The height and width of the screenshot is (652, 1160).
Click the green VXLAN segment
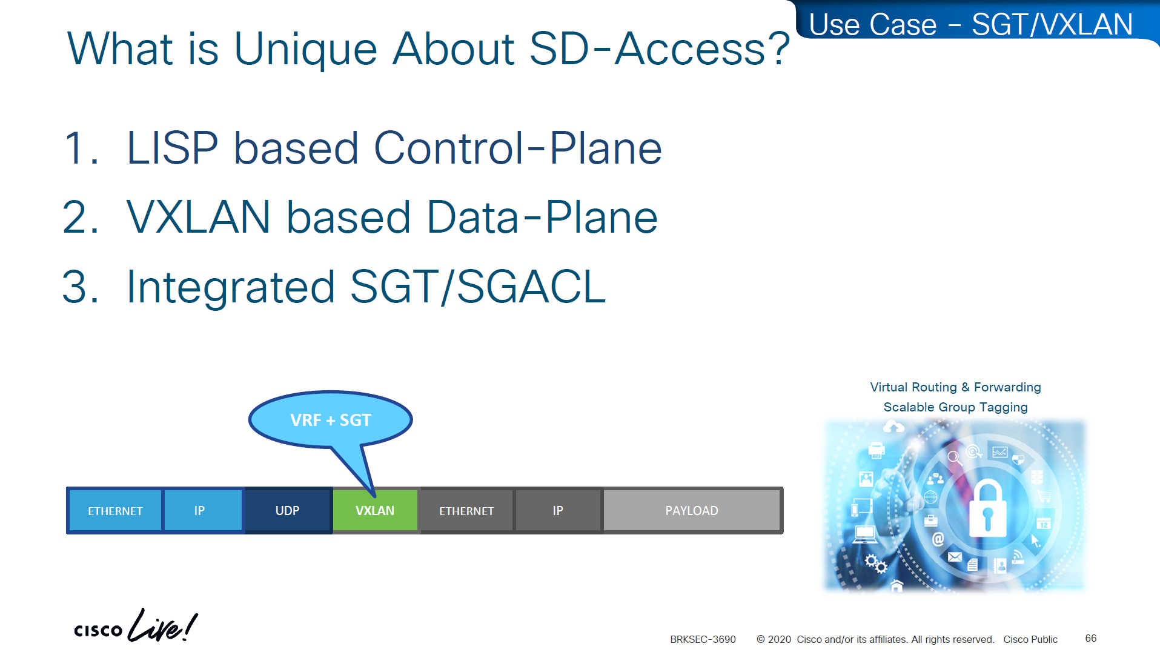[x=375, y=510]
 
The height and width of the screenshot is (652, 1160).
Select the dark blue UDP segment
[x=288, y=510]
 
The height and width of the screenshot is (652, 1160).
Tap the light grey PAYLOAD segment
[x=692, y=510]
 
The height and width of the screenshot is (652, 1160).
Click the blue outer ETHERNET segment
[x=115, y=510]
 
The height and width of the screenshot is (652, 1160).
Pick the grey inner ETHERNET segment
[x=466, y=510]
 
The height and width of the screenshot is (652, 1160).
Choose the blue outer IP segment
[x=203, y=510]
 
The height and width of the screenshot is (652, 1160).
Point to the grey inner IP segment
[x=558, y=510]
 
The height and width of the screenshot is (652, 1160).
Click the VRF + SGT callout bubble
[x=331, y=419]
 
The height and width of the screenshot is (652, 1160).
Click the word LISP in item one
[x=172, y=148]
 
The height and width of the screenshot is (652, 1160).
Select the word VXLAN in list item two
[x=198, y=217]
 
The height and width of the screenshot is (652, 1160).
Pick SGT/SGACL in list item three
[x=478, y=287]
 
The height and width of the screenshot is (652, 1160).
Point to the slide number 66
[x=1090, y=638]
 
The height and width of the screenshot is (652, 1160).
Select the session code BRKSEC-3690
[x=703, y=639]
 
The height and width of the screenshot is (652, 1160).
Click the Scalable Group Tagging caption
[x=955, y=407]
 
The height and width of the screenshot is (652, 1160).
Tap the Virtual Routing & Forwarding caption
[x=955, y=387]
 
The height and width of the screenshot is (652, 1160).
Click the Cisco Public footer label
[x=1030, y=639]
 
